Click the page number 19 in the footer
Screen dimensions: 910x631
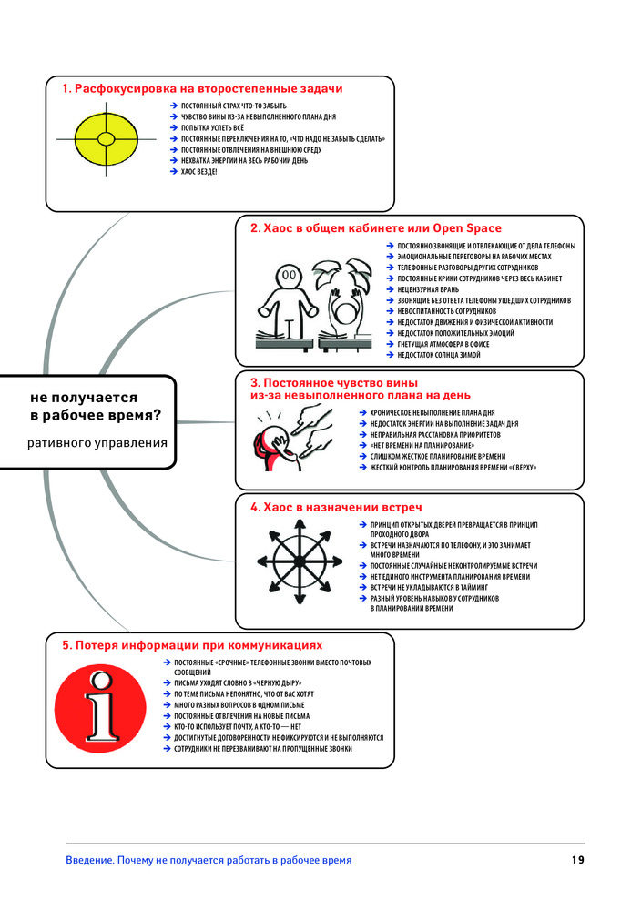pos(577,860)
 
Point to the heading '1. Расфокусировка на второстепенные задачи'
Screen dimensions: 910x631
pos(202,89)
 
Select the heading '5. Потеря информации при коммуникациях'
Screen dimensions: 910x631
pos(192,645)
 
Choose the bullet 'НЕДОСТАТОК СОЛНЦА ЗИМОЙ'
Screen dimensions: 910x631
pos(439,355)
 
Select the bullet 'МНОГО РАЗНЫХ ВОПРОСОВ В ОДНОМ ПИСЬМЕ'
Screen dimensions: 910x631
pos(239,705)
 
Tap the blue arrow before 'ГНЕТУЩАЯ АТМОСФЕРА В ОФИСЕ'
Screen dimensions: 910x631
pos(390,344)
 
